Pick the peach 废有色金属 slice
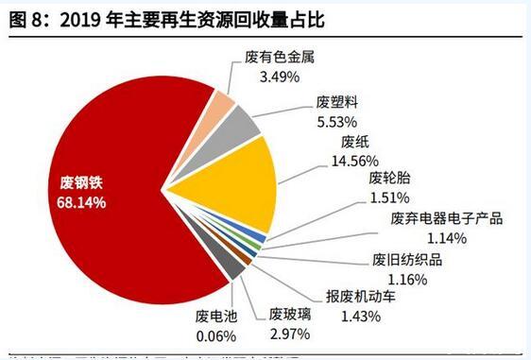(220, 104)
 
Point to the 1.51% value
(388, 197)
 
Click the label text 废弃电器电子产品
(445, 219)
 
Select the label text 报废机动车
(361, 295)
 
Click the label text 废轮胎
(387, 180)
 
